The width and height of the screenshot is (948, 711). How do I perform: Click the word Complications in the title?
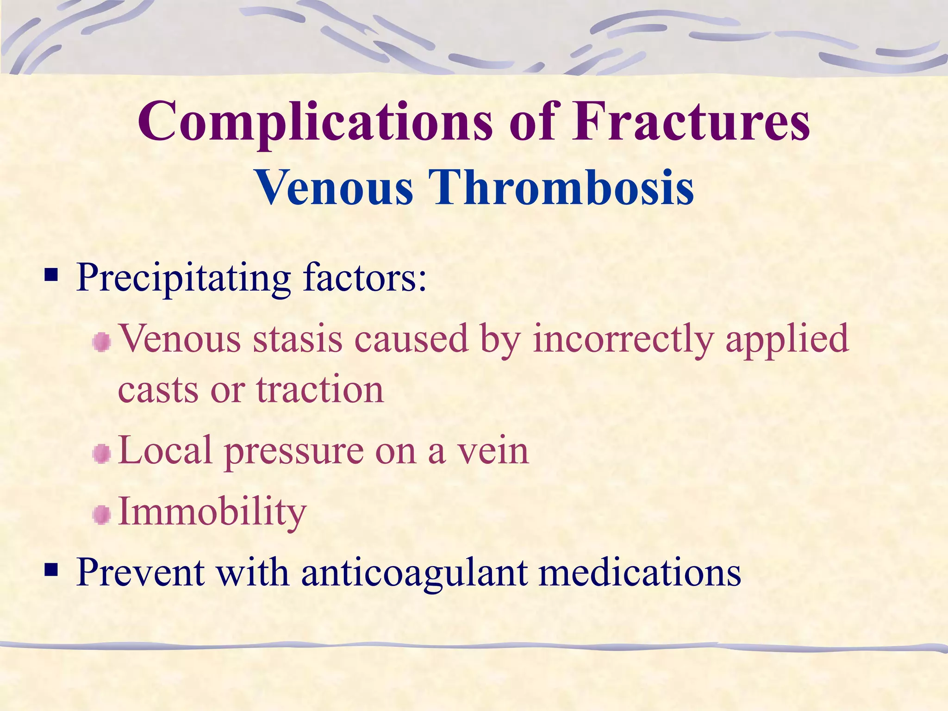[315, 123]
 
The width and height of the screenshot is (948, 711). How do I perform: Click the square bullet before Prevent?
[51, 570]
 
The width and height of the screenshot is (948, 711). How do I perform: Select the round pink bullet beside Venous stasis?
[101, 343]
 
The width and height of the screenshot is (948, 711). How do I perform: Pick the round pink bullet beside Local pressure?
[101, 454]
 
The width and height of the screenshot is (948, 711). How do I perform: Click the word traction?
[320, 390]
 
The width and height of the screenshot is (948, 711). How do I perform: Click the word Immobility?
[212, 512]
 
